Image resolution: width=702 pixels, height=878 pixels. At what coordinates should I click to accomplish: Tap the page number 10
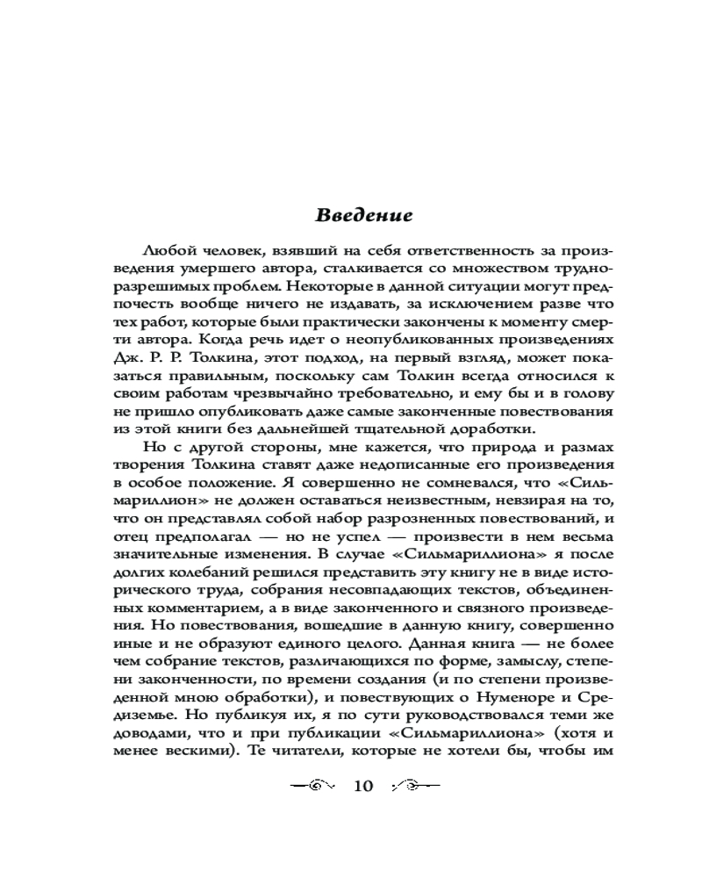pos(363,785)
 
